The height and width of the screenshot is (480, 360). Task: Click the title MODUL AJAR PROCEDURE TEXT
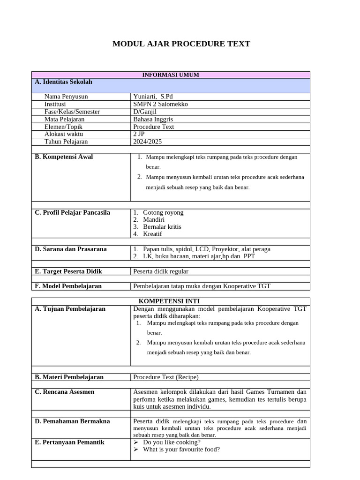(181, 44)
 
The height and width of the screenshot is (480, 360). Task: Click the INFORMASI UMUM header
(171, 75)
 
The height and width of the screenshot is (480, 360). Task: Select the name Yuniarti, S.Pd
(153, 97)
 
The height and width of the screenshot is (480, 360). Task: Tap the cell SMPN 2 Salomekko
(160, 104)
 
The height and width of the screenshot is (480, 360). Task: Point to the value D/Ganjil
(145, 112)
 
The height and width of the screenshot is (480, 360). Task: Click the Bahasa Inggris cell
(153, 119)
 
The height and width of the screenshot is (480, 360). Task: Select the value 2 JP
(139, 134)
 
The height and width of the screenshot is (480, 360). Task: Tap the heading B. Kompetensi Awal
(64, 157)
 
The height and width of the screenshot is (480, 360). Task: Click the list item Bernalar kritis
(162, 226)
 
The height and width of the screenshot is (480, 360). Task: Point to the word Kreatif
(152, 233)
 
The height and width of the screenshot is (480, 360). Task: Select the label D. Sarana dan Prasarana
(71, 249)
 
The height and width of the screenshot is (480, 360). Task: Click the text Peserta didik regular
(161, 271)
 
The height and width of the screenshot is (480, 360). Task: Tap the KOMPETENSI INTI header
(171, 301)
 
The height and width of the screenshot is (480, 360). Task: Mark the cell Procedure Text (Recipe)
(166, 377)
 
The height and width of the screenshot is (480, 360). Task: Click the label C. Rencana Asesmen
(65, 392)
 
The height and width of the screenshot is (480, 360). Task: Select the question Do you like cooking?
(172, 442)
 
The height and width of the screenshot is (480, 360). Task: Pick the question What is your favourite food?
(181, 449)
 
